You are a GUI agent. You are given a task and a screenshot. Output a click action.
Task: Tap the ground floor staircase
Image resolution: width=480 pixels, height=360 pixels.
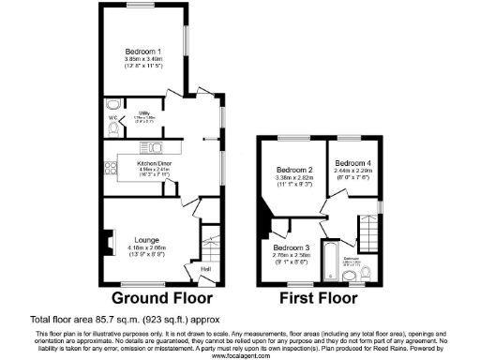click(x=210, y=246)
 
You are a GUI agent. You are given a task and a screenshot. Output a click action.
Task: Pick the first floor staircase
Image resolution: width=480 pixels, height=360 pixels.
click(x=372, y=230)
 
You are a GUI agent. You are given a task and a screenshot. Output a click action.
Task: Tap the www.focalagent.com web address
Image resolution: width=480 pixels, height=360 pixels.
click(x=240, y=355)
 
